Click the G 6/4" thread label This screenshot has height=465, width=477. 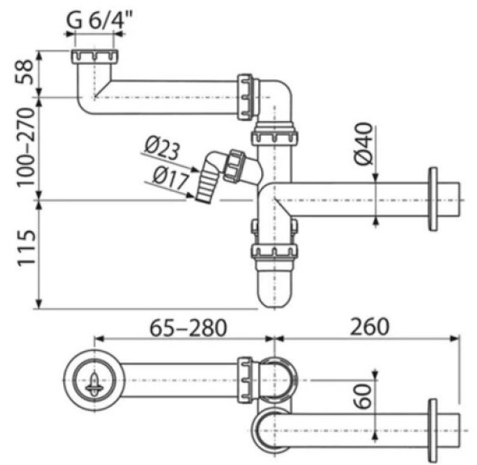(x=99, y=20)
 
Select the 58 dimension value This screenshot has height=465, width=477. (x=23, y=72)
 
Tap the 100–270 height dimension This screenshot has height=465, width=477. (x=25, y=147)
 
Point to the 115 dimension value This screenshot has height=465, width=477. (x=26, y=248)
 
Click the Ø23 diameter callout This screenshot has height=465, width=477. (x=163, y=148)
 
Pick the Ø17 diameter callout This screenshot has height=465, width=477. (x=171, y=178)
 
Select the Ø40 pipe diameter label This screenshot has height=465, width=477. (x=365, y=144)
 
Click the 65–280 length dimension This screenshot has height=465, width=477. (x=188, y=327)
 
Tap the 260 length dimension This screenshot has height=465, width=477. (x=369, y=326)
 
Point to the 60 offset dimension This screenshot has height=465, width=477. (x=363, y=396)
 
